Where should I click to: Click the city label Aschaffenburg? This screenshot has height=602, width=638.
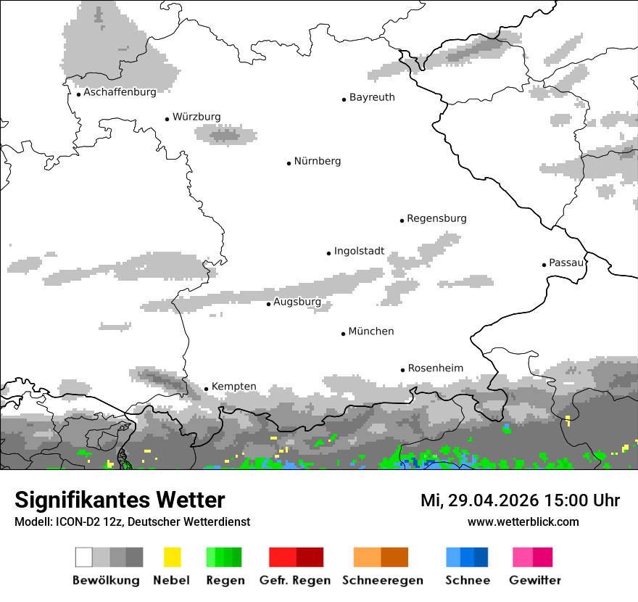tap(120, 92)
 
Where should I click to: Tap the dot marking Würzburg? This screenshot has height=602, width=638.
tap(167, 118)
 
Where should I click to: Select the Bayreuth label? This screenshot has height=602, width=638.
tap(372, 97)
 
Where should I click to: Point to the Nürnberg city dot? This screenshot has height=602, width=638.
tap(289, 163)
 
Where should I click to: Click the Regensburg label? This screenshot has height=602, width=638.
tap(436, 218)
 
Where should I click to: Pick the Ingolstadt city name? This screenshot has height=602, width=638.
tap(359, 252)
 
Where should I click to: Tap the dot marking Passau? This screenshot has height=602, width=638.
tap(544, 265)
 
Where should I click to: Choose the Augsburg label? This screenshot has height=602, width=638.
tap(297, 302)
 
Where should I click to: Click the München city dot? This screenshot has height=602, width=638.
tap(343, 334)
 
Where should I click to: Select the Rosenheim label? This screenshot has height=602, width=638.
tap(435, 368)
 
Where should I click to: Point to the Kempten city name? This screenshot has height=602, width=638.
tap(233, 387)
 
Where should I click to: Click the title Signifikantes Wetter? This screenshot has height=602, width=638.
tap(120, 500)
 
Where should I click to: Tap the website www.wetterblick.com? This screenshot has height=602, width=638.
tap(523, 522)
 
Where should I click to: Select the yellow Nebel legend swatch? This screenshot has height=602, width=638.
tap(172, 557)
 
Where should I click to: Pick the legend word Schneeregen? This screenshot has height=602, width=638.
tap(383, 580)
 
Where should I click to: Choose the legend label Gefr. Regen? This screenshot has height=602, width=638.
tap(295, 580)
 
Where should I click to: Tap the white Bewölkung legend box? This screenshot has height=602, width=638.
tap(84, 557)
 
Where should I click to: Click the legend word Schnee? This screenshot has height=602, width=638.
tap(468, 580)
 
